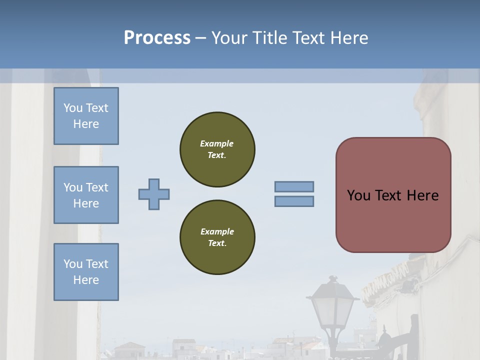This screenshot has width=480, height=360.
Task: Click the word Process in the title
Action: (157, 38)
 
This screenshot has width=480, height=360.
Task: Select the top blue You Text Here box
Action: (86, 116)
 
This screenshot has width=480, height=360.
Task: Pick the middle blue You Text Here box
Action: (86, 195)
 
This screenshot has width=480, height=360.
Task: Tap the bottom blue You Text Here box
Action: (86, 272)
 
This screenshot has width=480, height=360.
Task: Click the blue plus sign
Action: (154, 194)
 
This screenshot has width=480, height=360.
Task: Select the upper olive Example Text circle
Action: (217, 149)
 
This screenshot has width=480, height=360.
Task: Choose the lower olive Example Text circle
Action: (217, 237)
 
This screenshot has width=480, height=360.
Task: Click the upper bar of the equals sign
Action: (294, 186)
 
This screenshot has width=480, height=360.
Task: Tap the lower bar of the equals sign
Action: (294, 201)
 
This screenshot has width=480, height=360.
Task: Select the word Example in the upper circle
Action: (217, 143)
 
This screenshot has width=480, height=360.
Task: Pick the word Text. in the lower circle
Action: (217, 243)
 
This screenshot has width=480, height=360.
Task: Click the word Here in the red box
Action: (422, 195)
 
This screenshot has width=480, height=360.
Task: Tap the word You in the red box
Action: (358, 195)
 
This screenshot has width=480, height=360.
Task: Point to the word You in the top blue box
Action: (72, 108)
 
